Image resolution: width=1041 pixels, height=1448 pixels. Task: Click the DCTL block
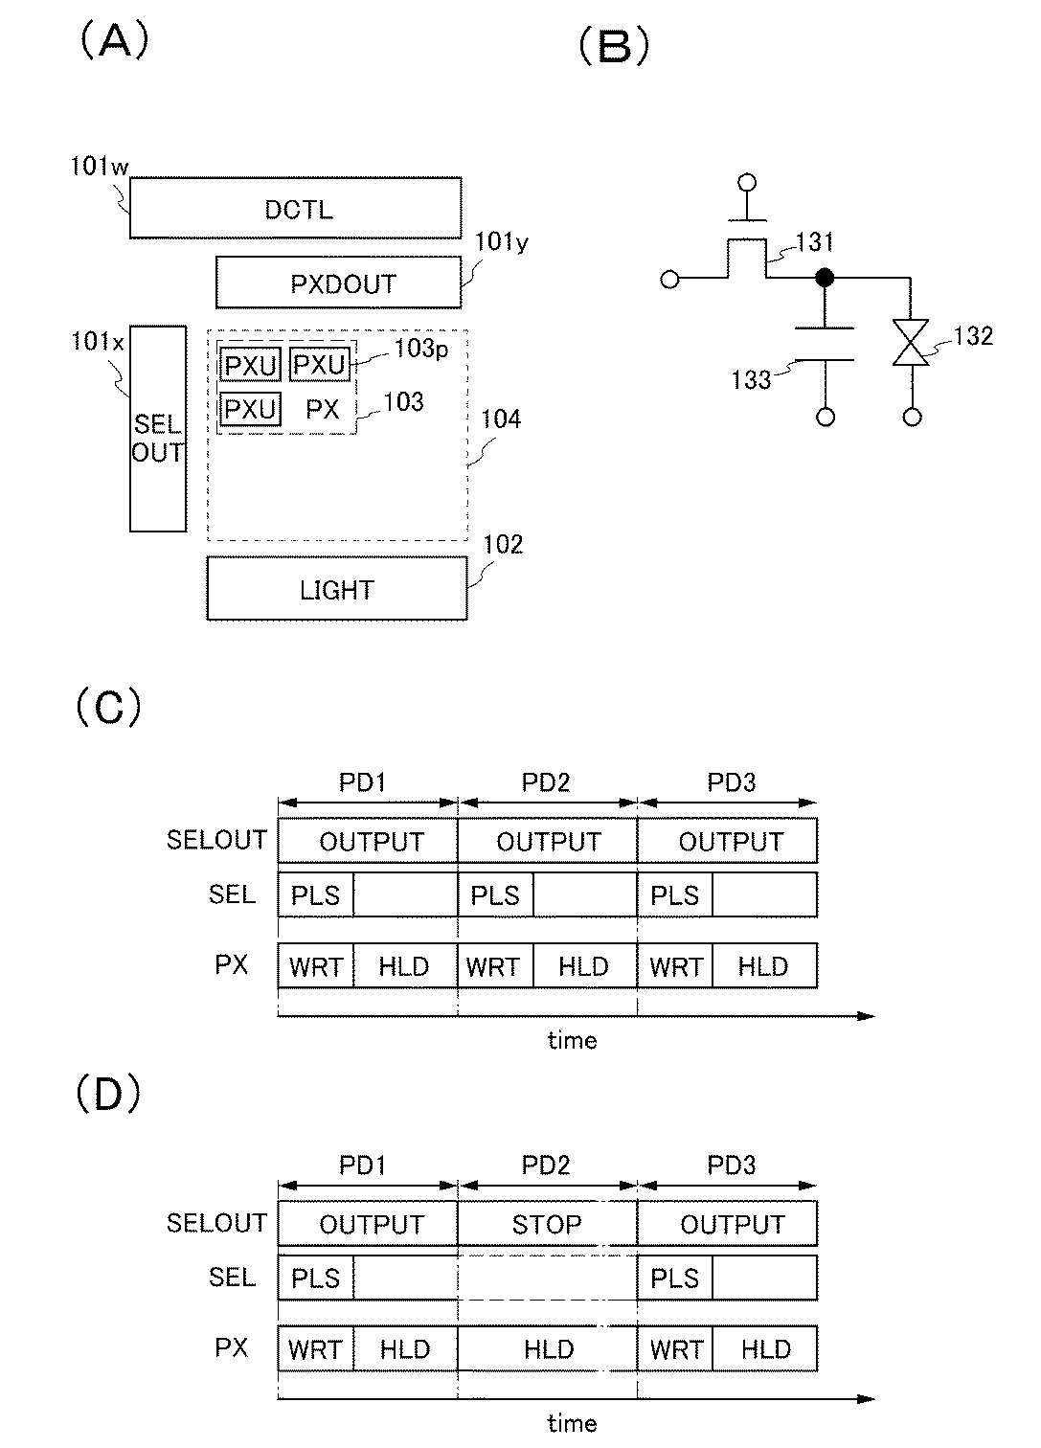click(x=296, y=208)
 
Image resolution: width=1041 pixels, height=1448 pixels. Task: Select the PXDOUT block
click(x=339, y=283)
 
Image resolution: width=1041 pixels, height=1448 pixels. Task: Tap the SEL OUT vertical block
click(x=158, y=429)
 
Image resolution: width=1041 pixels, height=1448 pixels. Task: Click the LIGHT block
click(x=337, y=588)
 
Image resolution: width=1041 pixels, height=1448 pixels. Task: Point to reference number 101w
click(x=99, y=166)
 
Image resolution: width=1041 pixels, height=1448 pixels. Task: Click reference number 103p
click(x=421, y=349)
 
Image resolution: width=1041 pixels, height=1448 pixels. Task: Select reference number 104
click(x=501, y=419)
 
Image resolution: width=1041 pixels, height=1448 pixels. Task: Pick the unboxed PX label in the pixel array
click(x=322, y=409)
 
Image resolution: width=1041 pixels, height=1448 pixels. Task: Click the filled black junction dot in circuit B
click(x=825, y=278)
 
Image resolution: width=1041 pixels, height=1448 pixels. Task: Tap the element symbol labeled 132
click(x=911, y=342)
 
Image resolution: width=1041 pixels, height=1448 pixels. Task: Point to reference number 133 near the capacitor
click(x=752, y=380)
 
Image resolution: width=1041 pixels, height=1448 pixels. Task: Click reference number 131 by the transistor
click(x=815, y=242)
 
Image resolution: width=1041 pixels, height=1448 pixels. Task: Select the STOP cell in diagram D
click(x=547, y=1224)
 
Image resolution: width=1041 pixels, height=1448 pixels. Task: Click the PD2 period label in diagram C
click(x=546, y=782)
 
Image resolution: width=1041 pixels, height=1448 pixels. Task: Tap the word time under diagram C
click(x=573, y=1041)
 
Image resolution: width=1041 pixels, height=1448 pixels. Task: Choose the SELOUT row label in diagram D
click(x=216, y=1223)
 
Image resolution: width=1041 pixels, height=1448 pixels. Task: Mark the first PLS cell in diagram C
click(x=315, y=894)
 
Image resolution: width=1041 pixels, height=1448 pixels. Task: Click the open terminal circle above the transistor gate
click(x=747, y=182)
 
